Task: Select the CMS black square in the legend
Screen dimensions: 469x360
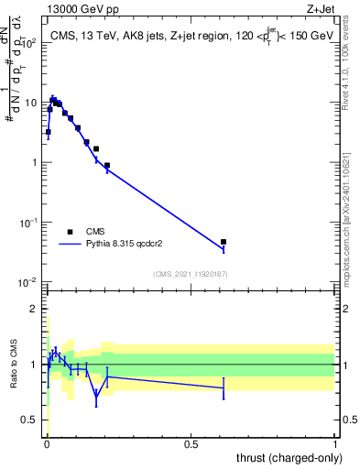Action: coord(70,232)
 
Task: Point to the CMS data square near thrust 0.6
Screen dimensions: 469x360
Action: coord(224,242)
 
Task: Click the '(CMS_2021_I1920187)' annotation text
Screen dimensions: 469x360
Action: coord(191,274)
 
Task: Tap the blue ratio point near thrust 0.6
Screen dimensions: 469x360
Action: coord(224,388)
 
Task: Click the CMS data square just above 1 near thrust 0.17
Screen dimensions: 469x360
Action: coord(96,148)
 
